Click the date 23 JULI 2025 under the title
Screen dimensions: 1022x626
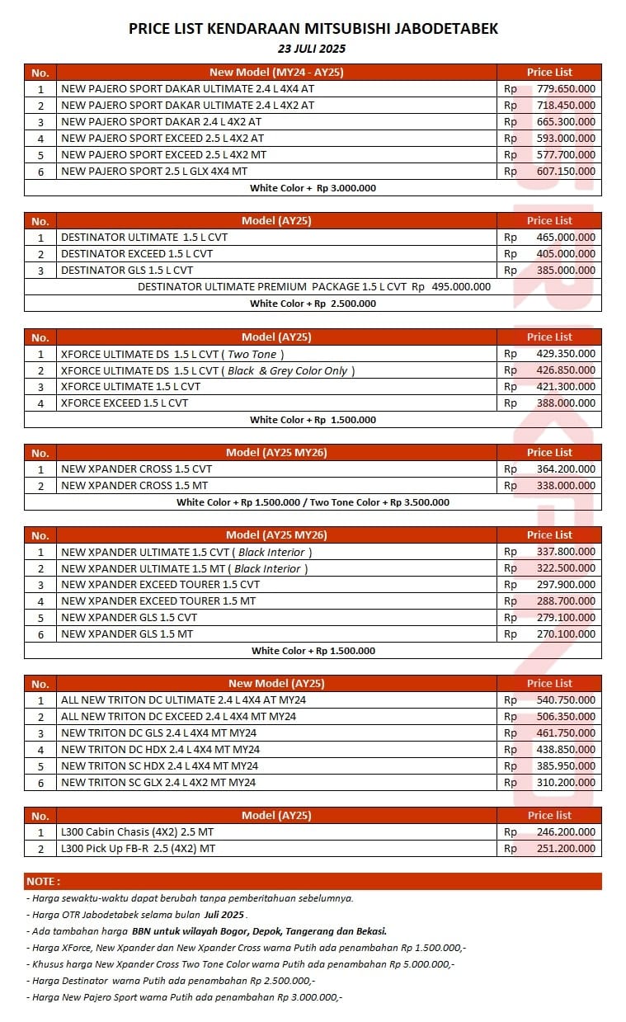[x=312, y=49]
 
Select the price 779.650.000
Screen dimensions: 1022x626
[x=566, y=89]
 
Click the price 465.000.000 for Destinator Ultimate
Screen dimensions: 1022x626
[x=566, y=238]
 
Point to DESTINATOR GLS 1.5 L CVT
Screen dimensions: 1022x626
[x=127, y=271]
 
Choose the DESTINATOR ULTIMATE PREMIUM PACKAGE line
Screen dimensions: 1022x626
[x=313, y=287]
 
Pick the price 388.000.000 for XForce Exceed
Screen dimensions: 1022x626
[x=566, y=403]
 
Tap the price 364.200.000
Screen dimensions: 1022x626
[x=566, y=469]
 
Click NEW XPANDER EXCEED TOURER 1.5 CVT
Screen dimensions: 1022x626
[x=160, y=585]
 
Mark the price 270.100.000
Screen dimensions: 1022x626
[x=566, y=634]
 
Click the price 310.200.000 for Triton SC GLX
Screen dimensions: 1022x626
[x=566, y=783]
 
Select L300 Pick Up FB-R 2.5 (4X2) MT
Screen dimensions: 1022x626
[x=138, y=849]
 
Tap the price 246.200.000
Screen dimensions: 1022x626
[x=566, y=832]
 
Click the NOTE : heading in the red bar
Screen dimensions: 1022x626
[x=43, y=882]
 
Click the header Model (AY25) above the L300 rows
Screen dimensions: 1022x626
[x=276, y=816]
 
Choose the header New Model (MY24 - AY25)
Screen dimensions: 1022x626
[x=276, y=73]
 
